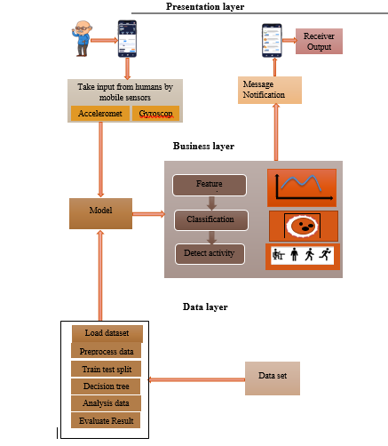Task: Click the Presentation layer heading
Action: pos(205,7)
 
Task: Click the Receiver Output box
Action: pos(319,40)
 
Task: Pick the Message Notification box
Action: pos(269,89)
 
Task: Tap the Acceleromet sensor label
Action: pos(99,114)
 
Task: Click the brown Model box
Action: pos(99,212)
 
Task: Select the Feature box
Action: pos(209,184)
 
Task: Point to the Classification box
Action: pos(210,219)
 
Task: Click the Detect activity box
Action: pos(210,253)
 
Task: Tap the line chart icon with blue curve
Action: pos(302,187)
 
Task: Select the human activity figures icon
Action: pos(302,256)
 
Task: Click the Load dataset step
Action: pos(106,333)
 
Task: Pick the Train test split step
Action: pos(106,369)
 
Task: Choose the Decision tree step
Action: pos(106,386)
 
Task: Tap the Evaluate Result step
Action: pos(106,420)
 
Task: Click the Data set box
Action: pos(273,377)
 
